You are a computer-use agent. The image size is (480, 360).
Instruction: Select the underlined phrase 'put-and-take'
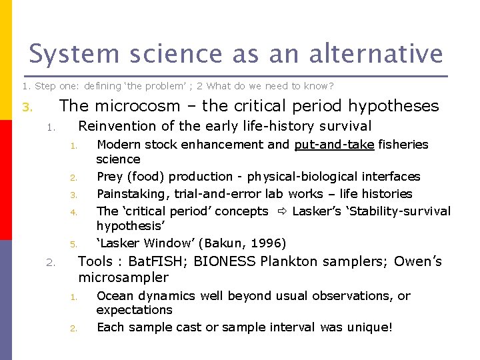334,145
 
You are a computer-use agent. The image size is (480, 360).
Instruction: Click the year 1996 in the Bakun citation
268,243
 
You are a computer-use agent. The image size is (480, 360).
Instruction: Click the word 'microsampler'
123,277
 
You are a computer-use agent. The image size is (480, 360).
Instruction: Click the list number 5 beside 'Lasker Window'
75,244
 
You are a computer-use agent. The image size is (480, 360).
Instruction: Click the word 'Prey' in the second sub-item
110,177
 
